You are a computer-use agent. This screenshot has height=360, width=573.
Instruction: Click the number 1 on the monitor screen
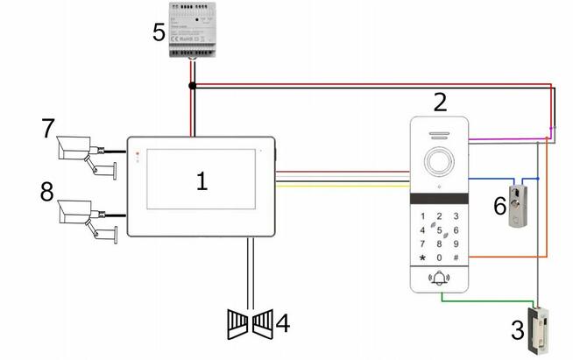click(x=202, y=181)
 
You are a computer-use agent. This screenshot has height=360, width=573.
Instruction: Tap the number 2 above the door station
click(x=440, y=102)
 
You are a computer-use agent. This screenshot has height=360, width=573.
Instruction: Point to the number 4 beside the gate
click(x=283, y=323)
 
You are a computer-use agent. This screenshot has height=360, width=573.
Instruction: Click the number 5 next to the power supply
click(x=158, y=32)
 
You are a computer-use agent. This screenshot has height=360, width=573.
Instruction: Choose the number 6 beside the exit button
click(x=499, y=206)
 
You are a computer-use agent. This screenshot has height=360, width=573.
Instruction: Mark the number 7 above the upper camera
click(x=46, y=129)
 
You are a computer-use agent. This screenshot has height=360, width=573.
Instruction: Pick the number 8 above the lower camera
click(x=46, y=191)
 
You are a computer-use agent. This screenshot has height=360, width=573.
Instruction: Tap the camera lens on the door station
click(x=440, y=163)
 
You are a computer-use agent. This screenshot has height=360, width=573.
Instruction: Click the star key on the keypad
click(x=424, y=258)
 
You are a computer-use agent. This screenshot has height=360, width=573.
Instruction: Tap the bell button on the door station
click(x=440, y=279)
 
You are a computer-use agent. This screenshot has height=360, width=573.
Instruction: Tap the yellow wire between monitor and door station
click(x=342, y=187)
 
